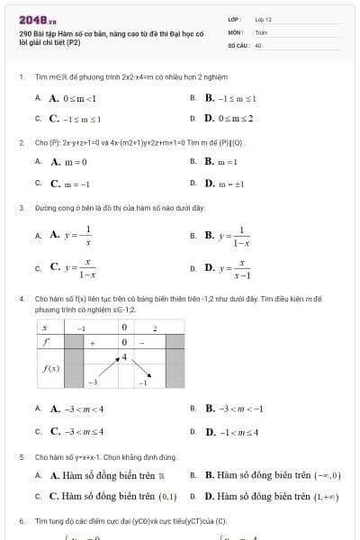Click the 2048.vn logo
[x=37, y=19]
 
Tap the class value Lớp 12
[x=263, y=18]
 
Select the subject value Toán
[x=261, y=31]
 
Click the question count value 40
[x=258, y=44]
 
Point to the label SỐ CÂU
[x=237, y=44]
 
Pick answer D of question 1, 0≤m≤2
[x=229, y=118]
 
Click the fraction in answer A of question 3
[x=87, y=236]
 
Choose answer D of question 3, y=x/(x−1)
[x=237, y=268]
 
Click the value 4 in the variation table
[x=124, y=357]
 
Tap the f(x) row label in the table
[x=50, y=368]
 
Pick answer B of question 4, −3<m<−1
[x=234, y=408]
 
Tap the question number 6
[x=22, y=521]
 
